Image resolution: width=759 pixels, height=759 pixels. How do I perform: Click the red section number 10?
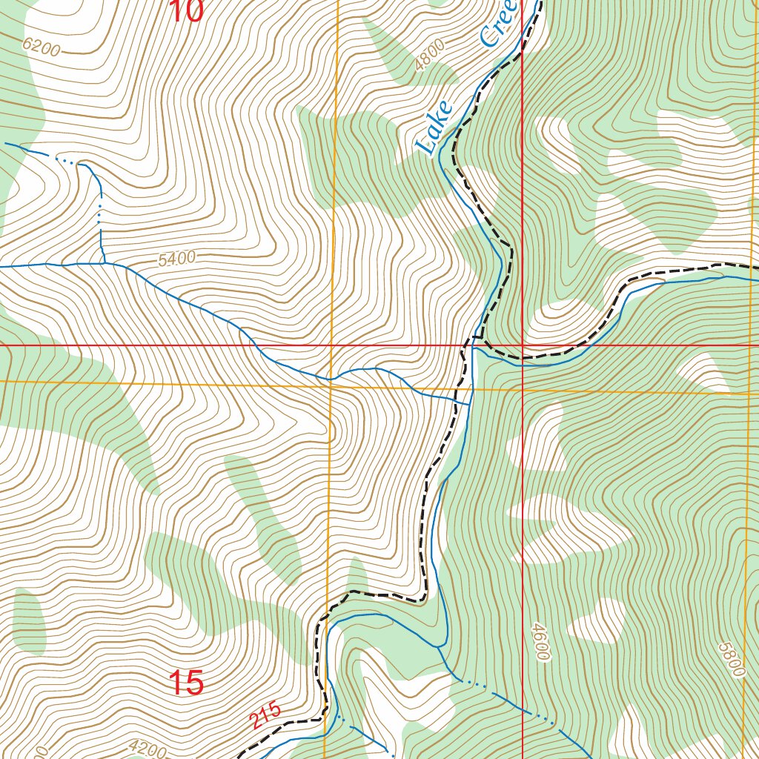coord(185,10)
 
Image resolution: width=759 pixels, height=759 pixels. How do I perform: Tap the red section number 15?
coord(186,683)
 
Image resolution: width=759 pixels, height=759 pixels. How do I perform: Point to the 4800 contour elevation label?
coord(430,55)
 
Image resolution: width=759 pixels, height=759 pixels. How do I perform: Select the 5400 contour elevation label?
coord(176,259)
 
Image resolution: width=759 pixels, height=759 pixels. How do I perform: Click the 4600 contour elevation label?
coord(540,642)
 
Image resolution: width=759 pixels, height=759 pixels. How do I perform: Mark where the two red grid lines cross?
coord(523,345)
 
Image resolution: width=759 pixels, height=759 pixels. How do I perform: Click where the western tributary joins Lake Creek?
coord(471,405)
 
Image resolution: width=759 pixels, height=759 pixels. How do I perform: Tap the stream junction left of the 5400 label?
coord(104,263)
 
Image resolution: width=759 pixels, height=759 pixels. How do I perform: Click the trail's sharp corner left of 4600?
coord(425,597)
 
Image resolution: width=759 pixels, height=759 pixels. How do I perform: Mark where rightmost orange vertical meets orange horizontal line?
coord(746,391)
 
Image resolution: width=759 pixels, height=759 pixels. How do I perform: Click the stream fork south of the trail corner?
coord(440,646)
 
